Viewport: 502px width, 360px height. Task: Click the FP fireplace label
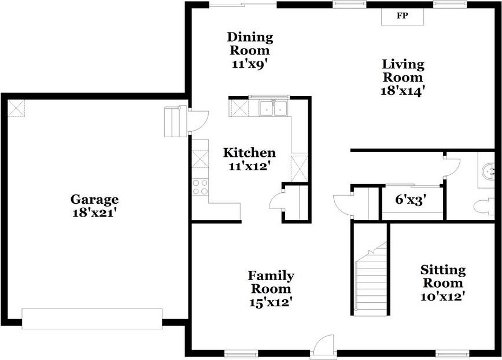403,16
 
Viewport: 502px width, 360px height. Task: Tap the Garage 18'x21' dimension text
94,213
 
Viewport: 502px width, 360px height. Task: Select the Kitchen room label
249,152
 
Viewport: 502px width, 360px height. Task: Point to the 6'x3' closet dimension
411,200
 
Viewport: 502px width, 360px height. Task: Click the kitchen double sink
273,108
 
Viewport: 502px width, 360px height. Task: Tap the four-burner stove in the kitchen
200,188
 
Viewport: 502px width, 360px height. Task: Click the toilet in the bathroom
484,207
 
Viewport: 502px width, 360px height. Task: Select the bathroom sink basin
489,170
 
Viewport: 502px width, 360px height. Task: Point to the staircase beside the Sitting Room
371,277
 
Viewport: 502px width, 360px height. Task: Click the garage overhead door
92,319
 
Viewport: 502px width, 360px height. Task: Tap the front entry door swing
324,346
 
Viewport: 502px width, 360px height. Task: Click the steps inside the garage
176,122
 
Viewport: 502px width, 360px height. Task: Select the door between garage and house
198,121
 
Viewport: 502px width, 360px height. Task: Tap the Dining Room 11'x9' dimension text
250,64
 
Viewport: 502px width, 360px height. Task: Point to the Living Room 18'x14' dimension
404,91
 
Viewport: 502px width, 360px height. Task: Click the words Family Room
271,282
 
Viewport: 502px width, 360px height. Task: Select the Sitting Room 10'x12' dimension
443,296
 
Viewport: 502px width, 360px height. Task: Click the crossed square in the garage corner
16,108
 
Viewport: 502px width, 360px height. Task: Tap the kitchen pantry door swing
276,200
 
